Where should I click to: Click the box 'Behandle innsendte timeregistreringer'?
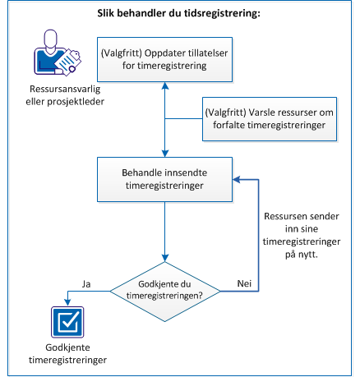(x=165, y=180)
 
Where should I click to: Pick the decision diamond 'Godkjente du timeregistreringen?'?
(x=166, y=290)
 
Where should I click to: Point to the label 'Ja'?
(x=86, y=283)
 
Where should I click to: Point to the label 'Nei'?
(x=244, y=283)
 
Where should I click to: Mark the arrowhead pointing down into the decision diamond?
(x=166, y=262)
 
